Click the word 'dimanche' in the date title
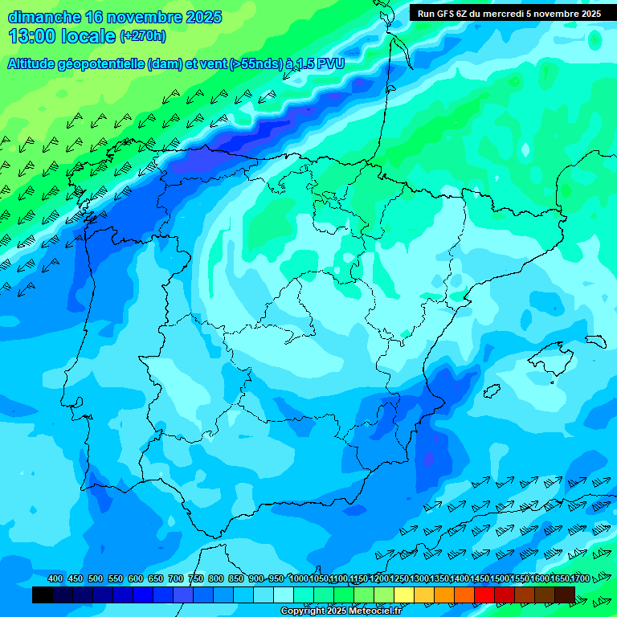[x=43, y=17]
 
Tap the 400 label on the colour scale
[x=55, y=578]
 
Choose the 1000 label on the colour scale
[x=299, y=578]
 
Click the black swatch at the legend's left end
[x=43, y=595]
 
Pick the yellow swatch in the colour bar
[x=404, y=595]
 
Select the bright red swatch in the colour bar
[x=484, y=595]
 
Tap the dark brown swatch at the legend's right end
[x=565, y=595]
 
